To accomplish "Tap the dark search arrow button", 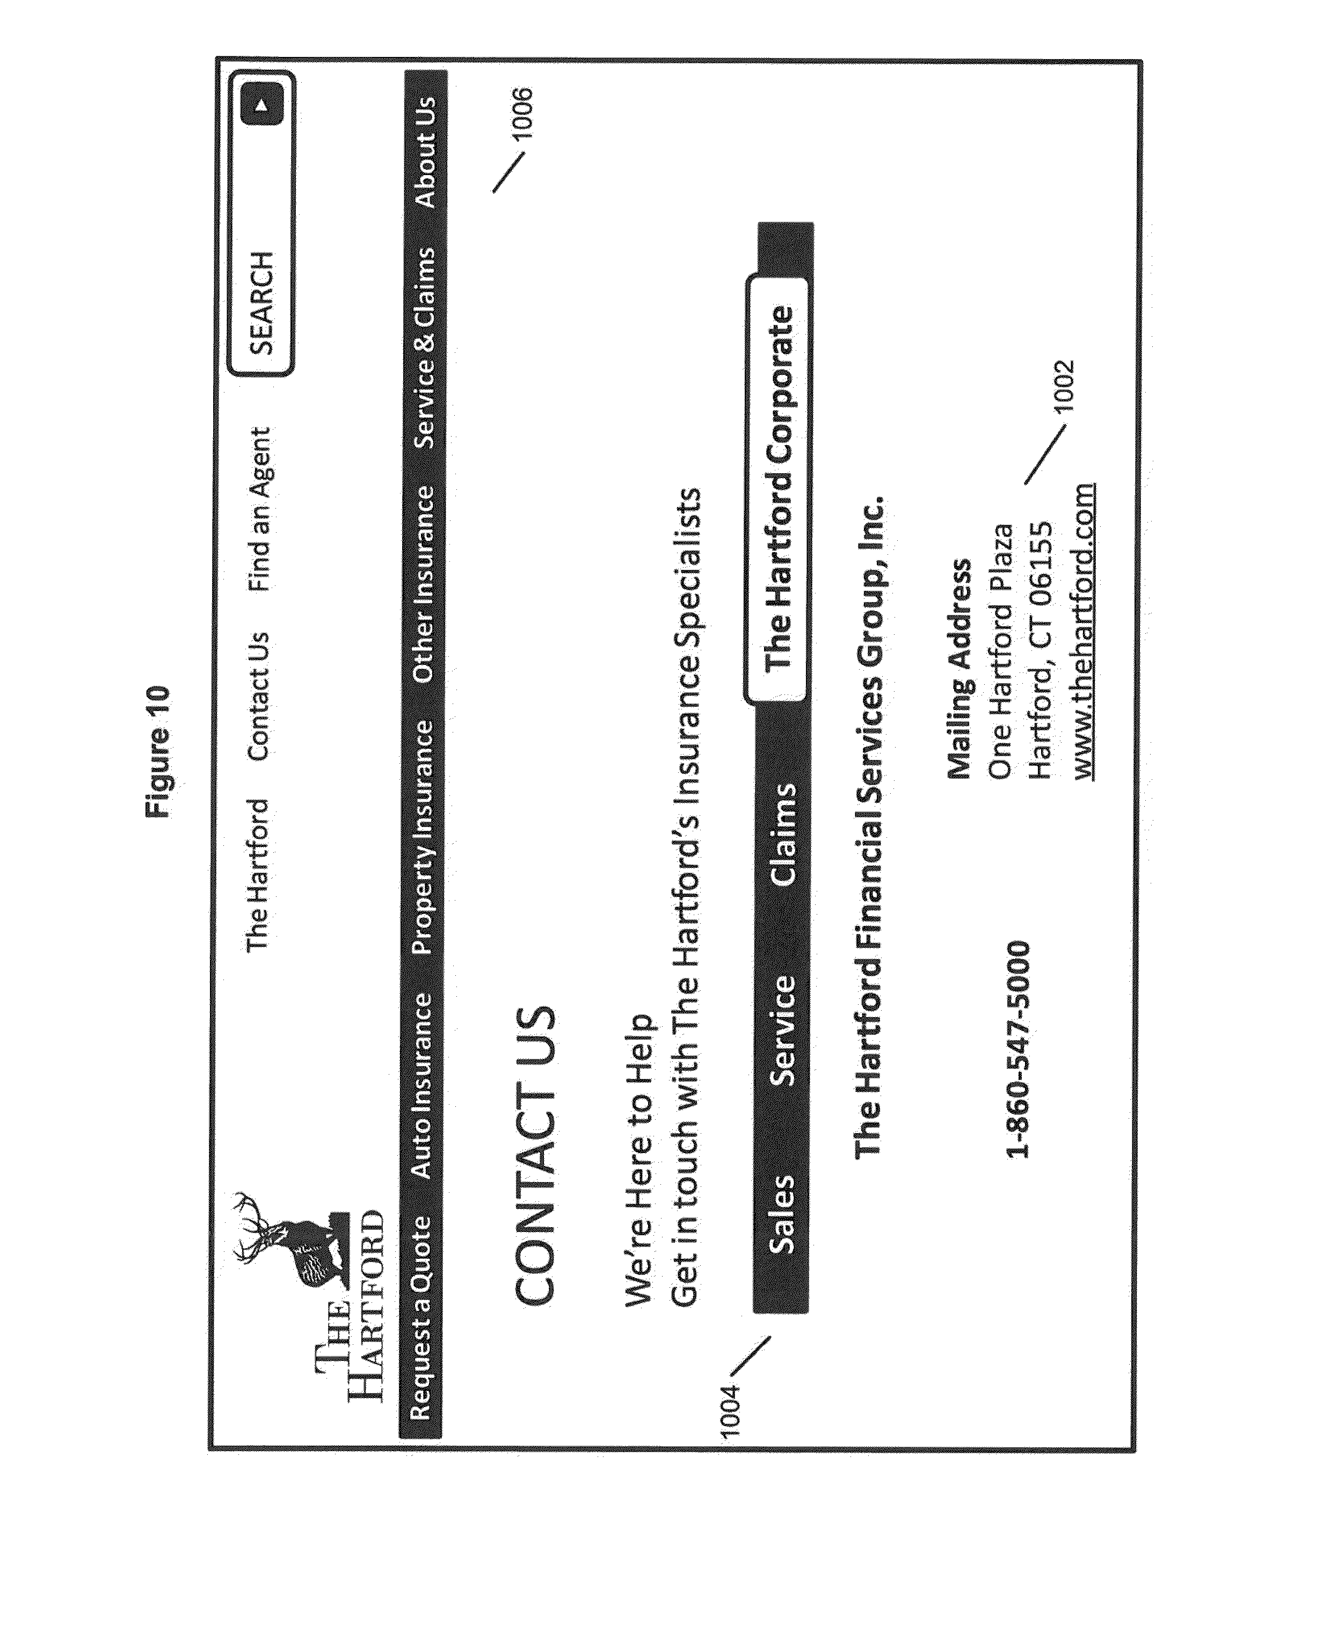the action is (261, 104).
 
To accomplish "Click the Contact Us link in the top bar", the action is (258, 696).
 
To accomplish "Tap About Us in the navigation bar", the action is (425, 151).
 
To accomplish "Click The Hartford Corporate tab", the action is (780, 488).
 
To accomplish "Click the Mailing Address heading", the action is (959, 669).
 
